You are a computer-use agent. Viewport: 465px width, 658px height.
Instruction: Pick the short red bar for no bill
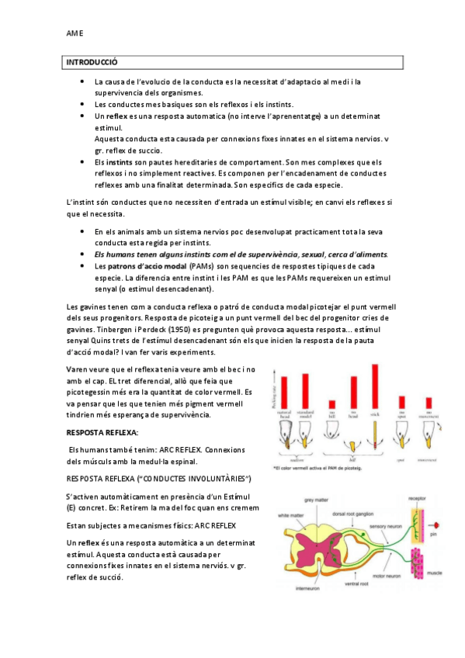(331, 403)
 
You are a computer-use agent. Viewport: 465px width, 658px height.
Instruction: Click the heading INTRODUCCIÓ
(91, 61)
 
